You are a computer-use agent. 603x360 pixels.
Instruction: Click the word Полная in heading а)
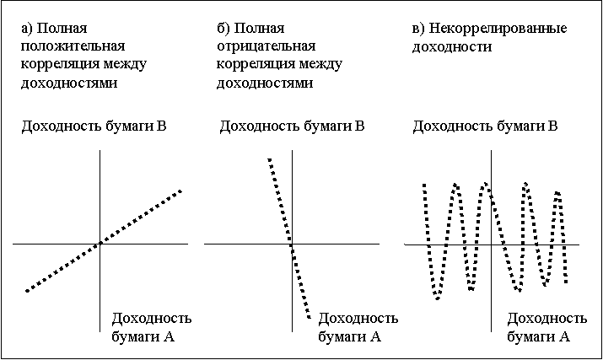click(62, 28)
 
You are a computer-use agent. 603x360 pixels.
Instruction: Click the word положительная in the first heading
click(73, 46)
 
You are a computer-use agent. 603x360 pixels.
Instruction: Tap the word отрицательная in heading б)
click(267, 46)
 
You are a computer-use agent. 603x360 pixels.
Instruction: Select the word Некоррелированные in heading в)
click(498, 29)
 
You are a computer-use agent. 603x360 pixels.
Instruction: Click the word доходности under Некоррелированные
click(452, 47)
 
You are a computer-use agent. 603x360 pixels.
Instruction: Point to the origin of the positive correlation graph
click(100, 244)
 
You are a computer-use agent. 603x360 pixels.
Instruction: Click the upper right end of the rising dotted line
click(180, 191)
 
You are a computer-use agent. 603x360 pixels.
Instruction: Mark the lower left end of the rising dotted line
click(27, 291)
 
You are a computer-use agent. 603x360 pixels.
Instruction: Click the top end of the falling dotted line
click(270, 159)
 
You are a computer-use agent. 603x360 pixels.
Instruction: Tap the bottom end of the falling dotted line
click(310, 317)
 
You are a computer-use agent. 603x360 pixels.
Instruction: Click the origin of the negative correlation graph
click(293, 244)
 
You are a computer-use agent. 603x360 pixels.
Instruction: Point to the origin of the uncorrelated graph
click(491, 244)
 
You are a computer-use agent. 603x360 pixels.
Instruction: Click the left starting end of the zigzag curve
click(424, 185)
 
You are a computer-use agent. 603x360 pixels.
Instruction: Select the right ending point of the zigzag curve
click(566, 282)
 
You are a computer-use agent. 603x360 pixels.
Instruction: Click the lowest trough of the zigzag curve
click(437, 298)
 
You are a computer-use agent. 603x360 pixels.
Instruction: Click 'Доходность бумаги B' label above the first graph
click(94, 126)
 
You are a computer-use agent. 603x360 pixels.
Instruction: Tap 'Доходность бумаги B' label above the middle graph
click(293, 126)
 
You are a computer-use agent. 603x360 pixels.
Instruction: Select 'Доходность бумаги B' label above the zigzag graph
click(485, 126)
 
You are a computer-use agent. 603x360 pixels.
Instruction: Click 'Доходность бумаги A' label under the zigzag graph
click(546, 327)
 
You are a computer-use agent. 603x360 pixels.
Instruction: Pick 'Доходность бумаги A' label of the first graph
click(152, 327)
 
